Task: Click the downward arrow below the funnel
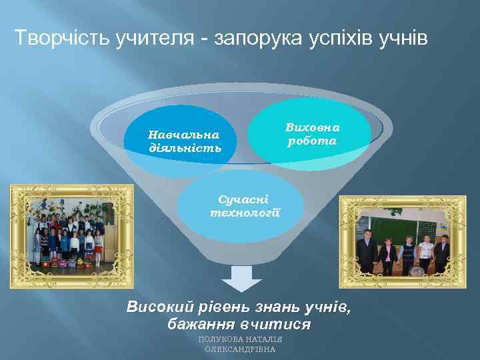(x=241, y=278)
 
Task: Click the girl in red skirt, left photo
(x=98, y=247)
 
